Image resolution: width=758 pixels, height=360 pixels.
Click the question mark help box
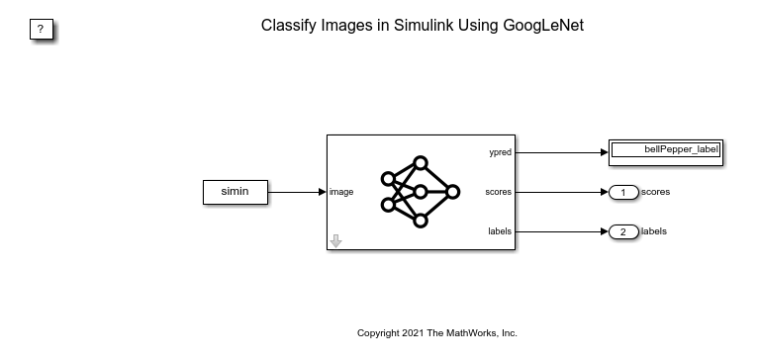(40, 30)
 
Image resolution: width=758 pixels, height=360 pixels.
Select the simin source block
(235, 193)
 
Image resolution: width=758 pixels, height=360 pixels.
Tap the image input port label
(341, 193)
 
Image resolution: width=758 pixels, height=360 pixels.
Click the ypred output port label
(499, 153)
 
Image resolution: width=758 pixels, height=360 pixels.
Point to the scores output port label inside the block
(498, 193)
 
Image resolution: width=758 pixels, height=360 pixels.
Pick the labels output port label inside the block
(499, 232)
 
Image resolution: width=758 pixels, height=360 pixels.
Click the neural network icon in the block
(421, 192)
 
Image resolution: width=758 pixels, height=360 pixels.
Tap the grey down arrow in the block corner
(335, 241)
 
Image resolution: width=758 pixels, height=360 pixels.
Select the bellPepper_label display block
(665, 151)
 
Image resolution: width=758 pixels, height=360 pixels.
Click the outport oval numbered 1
(623, 193)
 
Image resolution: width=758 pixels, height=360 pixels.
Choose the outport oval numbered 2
(623, 232)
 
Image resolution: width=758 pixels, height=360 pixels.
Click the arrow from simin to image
(297, 193)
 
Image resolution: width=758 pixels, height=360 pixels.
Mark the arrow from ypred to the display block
(559, 153)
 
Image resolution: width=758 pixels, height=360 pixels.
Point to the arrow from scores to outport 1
(559, 193)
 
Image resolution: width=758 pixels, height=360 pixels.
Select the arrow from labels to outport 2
(559, 232)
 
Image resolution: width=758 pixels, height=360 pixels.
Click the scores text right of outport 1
(656, 192)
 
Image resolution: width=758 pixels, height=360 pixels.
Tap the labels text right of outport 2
(654, 231)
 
